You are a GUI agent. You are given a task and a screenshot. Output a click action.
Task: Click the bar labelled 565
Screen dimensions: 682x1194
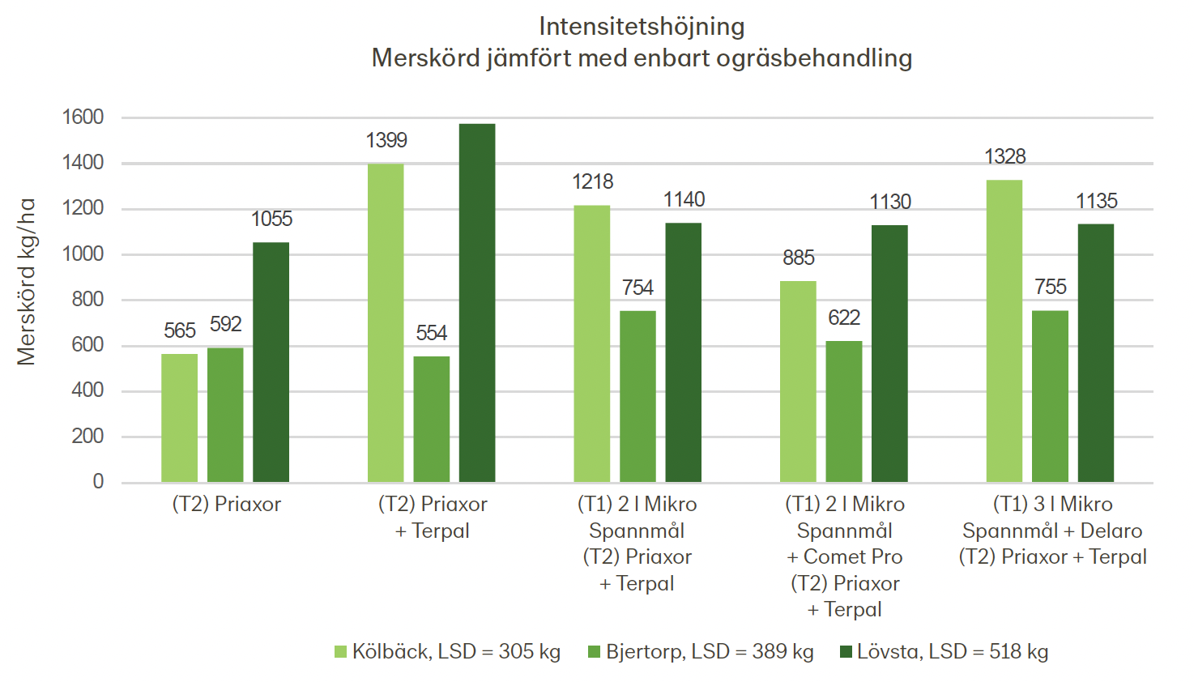coord(179,418)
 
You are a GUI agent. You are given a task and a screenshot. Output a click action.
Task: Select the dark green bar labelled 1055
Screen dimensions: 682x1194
coord(271,362)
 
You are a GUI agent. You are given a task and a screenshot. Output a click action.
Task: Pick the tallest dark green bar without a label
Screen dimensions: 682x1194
coord(477,303)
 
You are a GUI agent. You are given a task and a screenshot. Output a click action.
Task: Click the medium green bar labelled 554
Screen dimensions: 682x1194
coord(431,419)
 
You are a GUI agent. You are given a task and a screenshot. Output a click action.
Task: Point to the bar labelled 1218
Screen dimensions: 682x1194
coord(592,343)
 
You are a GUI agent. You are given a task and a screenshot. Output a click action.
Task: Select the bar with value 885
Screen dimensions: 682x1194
coord(798,381)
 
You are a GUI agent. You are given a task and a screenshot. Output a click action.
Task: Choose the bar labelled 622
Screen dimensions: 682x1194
coord(844,411)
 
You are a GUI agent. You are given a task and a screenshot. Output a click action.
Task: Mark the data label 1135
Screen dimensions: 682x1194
coord(1096,201)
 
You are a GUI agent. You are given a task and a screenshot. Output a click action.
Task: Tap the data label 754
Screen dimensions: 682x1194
coord(638,288)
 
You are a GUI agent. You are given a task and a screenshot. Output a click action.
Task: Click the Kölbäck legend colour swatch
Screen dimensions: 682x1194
coord(340,652)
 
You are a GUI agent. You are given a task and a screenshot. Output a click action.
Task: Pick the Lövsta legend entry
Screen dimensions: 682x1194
coord(953,652)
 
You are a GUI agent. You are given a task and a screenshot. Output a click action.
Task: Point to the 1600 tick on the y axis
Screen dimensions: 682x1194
coord(83,117)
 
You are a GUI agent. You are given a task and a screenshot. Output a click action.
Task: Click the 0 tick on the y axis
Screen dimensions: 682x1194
coord(98,482)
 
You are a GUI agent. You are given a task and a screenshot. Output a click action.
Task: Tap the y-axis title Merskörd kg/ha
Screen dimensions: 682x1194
coord(27,282)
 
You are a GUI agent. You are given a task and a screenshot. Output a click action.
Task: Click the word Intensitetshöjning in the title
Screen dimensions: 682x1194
coord(642,27)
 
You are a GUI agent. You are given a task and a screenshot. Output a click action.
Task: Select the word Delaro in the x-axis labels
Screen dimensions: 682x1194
coord(1111,531)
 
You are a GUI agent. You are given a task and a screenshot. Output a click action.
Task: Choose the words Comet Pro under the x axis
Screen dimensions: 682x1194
coord(853,557)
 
